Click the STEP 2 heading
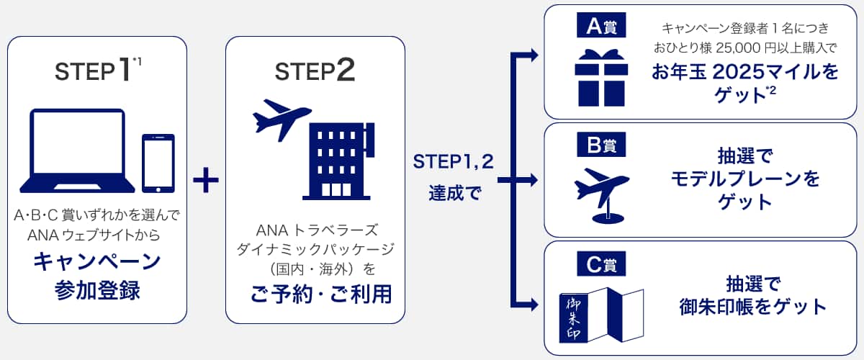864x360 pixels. pyautogui.click(x=315, y=71)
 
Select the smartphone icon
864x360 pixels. pyautogui.click(x=158, y=163)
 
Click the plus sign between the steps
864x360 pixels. pyautogui.click(x=206, y=179)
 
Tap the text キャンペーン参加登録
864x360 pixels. pyautogui.click(x=97, y=276)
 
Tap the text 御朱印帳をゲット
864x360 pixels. pyautogui.click(x=753, y=307)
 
